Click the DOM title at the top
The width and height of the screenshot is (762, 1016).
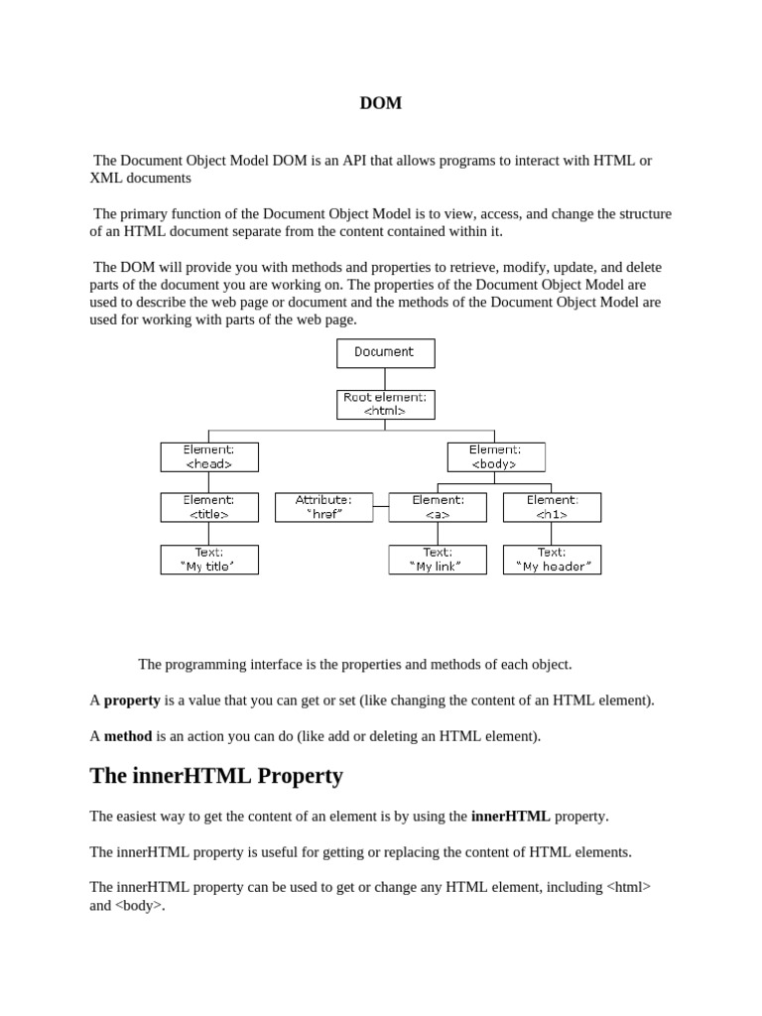(381, 103)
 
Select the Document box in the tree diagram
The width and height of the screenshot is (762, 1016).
(385, 352)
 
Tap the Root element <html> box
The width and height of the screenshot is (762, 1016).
(385, 404)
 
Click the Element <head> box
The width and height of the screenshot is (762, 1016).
(209, 456)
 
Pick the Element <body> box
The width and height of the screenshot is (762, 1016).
(495, 456)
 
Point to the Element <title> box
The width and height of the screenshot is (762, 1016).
(209, 507)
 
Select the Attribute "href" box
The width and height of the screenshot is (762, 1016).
(323, 507)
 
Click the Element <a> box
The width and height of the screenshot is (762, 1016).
(438, 507)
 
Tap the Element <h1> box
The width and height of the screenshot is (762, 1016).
(552, 507)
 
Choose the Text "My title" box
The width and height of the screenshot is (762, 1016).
(209, 559)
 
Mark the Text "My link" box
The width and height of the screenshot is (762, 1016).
(438, 559)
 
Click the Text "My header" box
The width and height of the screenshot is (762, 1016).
(552, 559)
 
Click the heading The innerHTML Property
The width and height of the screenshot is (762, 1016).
(216, 776)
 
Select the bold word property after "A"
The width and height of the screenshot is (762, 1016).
(132, 699)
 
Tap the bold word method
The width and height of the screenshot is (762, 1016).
(127, 736)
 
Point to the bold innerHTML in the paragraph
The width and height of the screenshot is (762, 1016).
(510, 816)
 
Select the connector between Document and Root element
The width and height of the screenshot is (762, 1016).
(385, 378)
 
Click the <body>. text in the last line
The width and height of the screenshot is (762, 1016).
(140, 905)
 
